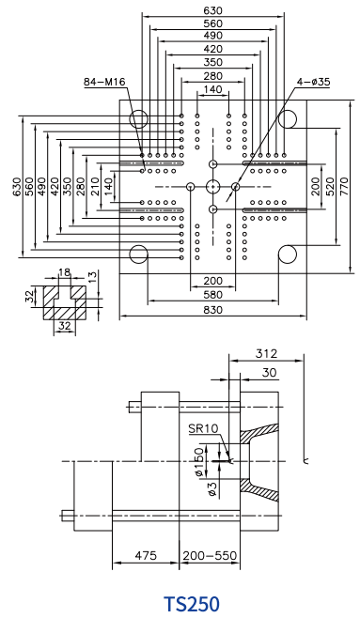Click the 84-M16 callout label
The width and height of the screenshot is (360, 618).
104,82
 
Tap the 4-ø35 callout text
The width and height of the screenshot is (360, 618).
314,82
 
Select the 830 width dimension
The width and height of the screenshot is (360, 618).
213,310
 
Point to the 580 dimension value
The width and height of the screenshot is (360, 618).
213,295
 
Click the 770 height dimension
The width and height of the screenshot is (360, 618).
343,186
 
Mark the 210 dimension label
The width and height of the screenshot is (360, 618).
94,186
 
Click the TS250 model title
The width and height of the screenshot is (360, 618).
192,604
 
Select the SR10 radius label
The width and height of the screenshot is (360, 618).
203,428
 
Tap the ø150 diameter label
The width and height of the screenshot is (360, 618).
201,461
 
